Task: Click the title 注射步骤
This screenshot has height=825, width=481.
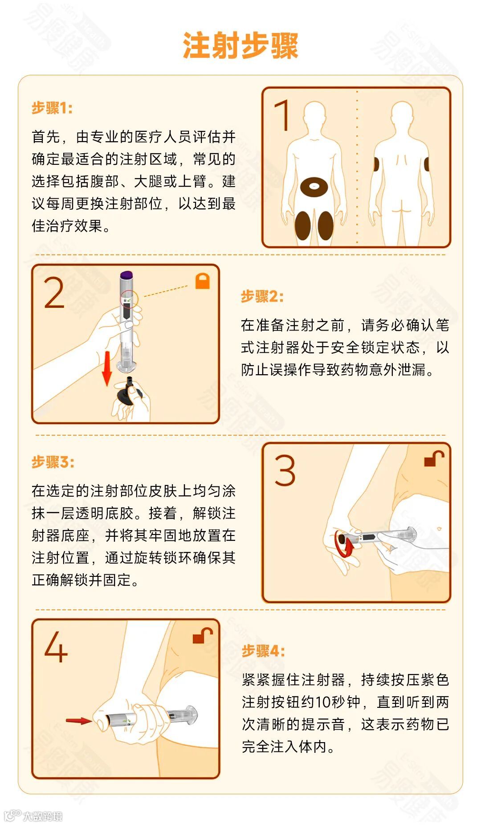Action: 240,45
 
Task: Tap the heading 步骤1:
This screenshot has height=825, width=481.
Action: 52,108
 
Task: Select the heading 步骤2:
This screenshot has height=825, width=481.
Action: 262,296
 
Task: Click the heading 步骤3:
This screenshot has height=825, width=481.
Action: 53,462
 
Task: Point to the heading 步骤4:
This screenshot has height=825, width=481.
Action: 263,651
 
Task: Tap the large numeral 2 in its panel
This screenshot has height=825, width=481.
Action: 54,292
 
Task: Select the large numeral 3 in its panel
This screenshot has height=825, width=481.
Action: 285,470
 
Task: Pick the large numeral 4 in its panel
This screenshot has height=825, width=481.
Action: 56,646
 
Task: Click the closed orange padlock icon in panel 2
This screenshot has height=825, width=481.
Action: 203,281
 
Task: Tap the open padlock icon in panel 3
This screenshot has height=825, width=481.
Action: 434,458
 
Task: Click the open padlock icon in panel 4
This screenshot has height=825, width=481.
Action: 203,635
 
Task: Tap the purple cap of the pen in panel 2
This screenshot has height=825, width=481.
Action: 127,275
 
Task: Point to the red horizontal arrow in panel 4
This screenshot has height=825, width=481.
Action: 79,720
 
